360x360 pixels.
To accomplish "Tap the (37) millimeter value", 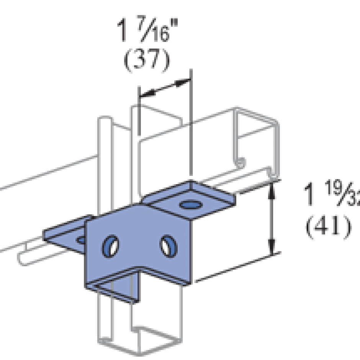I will point(146,61).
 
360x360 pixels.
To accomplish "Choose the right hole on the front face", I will point(167,244).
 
